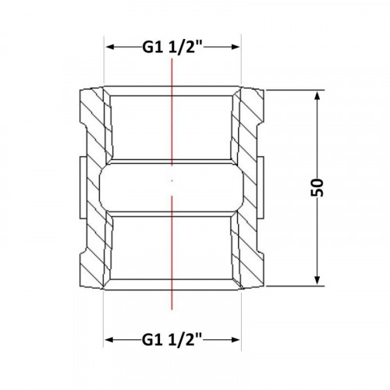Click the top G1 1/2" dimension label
point(172,47)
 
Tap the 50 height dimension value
point(317,188)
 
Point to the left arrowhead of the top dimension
point(110,47)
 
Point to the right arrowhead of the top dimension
point(236,47)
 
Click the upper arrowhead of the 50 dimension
point(317,95)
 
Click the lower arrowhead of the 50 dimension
point(317,280)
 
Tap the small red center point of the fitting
point(172,180)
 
